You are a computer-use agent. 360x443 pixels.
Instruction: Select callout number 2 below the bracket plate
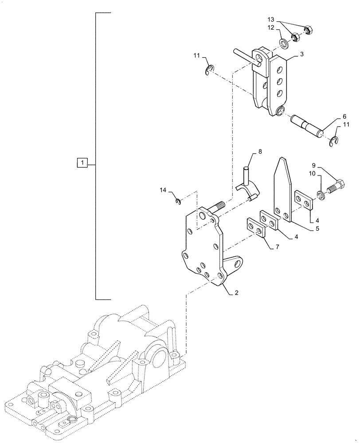(236, 293)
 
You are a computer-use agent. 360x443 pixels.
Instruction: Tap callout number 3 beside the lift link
(301, 54)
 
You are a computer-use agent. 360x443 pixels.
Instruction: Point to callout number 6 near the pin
(344, 117)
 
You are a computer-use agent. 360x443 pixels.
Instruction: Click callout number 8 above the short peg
(260, 151)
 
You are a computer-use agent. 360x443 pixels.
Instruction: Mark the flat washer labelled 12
(283, 43)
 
